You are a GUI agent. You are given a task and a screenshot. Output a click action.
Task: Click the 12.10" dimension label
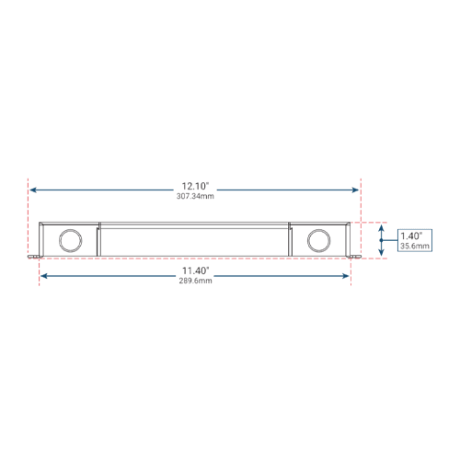pos(195,186)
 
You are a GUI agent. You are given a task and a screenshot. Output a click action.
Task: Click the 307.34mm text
pos(195,196)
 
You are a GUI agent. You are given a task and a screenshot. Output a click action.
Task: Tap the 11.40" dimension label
pos(196,270)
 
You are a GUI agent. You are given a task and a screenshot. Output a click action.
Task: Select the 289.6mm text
pos(196,281)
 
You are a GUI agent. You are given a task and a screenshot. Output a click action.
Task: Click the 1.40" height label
pos(411,236)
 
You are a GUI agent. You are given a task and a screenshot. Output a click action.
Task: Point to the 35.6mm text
pos(415,246)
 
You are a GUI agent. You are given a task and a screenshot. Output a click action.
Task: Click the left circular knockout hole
pos(70,240)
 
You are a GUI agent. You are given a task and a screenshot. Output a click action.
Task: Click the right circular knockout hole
pos(319,240)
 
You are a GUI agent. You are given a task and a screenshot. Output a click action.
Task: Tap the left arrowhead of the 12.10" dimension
pos(33,190)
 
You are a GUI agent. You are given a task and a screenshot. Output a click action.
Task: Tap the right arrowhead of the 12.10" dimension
pos(355,190)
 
